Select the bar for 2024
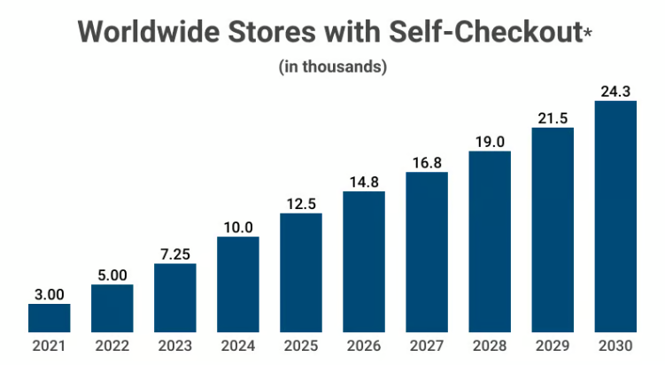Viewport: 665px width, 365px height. click(x=237, y=284)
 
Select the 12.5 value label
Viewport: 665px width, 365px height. click(x=301, y=204)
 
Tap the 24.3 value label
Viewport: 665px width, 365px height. click(x=615, y=90)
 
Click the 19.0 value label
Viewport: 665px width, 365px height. click(x=490, y=141)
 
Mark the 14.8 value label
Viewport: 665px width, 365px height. click(x=364, y=182)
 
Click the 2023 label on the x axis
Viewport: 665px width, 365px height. click(x=174, y=346)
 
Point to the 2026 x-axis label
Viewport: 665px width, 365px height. click(x=364, y=346)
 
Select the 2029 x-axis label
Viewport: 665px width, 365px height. click(x=553, y=346)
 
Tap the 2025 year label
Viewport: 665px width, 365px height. click(x=301, y=346)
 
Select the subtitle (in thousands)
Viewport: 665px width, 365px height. click(x=333, y=66)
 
